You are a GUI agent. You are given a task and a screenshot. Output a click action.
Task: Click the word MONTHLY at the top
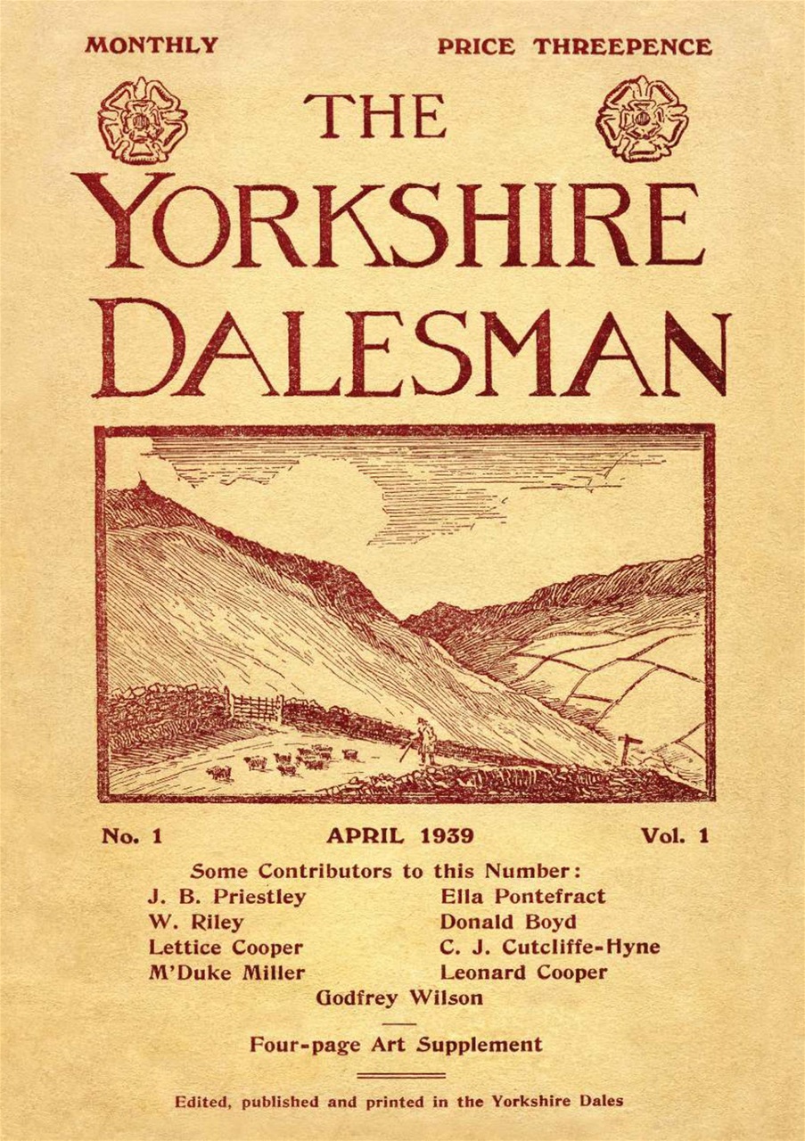152,45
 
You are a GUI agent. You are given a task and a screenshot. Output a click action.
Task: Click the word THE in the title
374,117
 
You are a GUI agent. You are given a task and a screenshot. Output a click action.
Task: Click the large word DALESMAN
412,348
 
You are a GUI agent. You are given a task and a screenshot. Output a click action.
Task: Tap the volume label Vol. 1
674,836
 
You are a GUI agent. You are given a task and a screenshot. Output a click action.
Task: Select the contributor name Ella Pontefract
523,897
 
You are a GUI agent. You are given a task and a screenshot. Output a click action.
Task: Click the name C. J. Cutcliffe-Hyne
550,947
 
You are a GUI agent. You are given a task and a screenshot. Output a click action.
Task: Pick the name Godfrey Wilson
399,997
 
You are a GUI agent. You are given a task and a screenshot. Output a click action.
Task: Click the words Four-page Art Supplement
396,1044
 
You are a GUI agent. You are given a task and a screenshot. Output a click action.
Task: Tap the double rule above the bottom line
400,1076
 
